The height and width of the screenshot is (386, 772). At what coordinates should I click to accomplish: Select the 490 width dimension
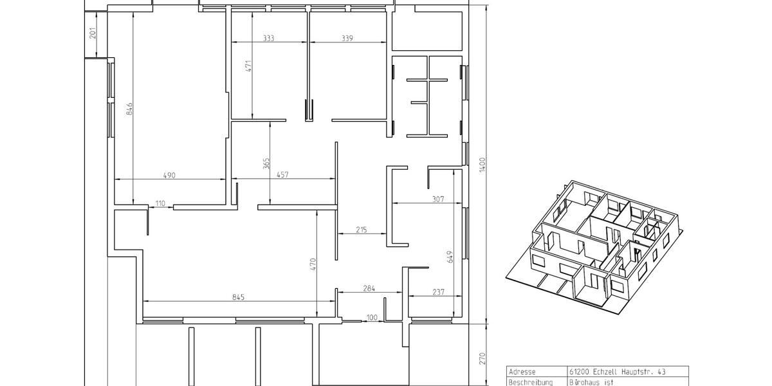point(170,175)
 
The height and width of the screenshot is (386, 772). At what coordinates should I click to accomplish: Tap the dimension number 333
point(268,39)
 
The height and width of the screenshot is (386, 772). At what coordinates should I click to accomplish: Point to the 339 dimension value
point(347,39)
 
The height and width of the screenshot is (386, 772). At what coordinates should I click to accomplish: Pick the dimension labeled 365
point(266,163)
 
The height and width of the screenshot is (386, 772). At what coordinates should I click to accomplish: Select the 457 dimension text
point(282,175)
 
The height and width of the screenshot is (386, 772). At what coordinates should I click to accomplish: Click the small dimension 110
point(160,203)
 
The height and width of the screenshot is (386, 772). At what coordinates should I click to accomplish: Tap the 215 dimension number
point(361,230)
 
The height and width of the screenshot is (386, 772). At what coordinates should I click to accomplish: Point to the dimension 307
point(438,199)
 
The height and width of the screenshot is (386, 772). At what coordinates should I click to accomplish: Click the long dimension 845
point(239,297)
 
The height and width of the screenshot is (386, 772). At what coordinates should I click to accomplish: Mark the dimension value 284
point(368,289)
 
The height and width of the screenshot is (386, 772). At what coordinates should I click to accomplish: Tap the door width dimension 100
point(372,317)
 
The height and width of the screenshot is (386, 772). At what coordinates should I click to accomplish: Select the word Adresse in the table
point(522,372)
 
